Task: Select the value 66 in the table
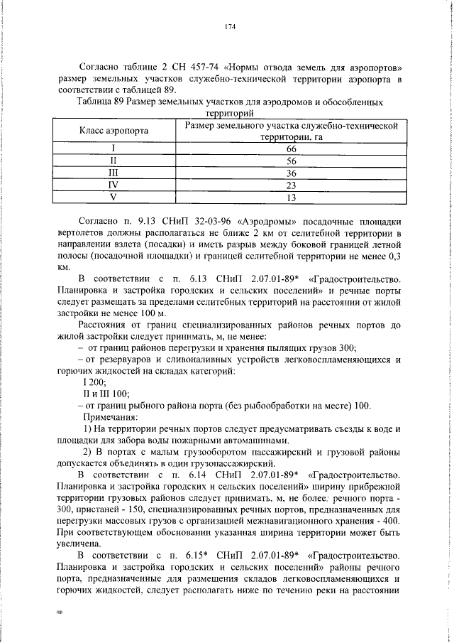click(290, 149)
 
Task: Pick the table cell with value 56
click(290, 161)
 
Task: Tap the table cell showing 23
click(290, 185)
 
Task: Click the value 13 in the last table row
click(290, 197)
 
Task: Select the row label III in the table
click(113, 173)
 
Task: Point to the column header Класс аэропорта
click(113, 131)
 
